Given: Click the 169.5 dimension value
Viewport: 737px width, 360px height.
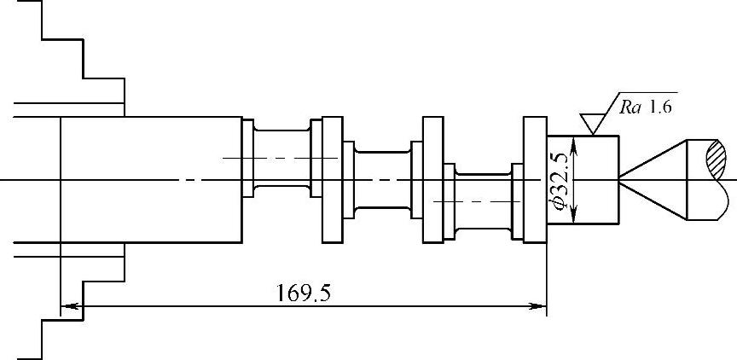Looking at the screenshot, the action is click(303, 293).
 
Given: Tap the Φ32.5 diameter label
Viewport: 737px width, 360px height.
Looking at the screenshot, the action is click(560, 179).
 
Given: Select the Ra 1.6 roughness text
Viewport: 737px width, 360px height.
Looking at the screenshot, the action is click(646, 107).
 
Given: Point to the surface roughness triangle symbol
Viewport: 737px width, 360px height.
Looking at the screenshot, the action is click(593, 124).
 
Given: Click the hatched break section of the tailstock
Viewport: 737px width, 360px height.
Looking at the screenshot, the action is click(717, 160).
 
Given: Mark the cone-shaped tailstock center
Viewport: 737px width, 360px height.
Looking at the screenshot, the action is click(653, 179).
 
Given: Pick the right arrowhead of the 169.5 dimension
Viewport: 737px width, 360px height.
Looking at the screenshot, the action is click(538, 306).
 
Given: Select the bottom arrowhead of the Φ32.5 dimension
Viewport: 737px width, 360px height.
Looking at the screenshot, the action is click(574, 214).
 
